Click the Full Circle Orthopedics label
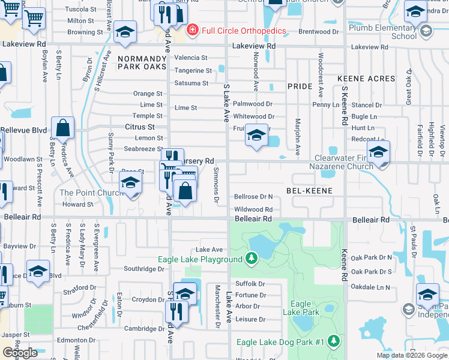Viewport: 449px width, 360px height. coord(238,29)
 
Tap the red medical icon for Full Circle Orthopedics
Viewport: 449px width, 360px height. coord(192,29)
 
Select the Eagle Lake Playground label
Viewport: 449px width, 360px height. coord(200,259)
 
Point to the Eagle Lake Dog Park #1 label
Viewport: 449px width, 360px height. coord(280,342)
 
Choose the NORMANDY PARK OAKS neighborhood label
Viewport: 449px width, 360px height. coord(142,62)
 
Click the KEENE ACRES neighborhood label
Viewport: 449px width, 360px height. coord(366,79)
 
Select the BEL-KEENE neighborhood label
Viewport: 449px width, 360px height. coord(309,190)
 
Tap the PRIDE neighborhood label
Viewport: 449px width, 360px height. coord(300,86)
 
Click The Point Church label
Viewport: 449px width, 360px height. coord(91,193)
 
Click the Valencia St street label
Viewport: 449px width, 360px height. coord(191,58)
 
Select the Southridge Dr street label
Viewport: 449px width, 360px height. coord(144,269)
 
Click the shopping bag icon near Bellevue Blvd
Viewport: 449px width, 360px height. coord(63,127)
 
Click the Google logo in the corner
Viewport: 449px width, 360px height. coord(20,353)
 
